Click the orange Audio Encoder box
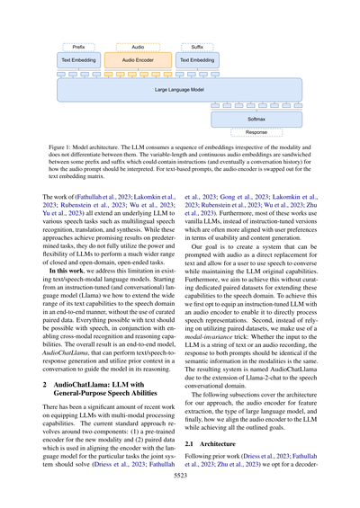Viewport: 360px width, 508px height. coord(138,59)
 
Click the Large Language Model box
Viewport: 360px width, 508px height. coord(179,89)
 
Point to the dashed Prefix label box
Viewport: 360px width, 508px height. coord(78,45)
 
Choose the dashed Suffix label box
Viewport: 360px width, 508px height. coord(197,45)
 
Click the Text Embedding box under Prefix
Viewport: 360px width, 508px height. coord(78,59)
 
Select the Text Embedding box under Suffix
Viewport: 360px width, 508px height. coord(197,59)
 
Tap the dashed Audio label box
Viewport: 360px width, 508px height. coord(138,45)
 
